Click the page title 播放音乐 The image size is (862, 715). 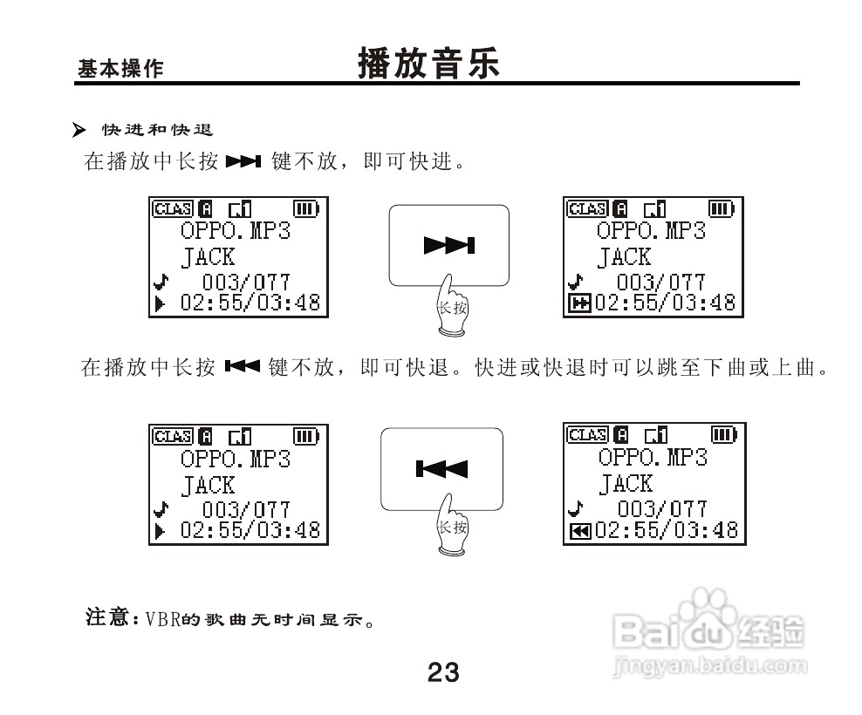429,65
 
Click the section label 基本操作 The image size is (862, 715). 120,70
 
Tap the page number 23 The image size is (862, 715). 443,672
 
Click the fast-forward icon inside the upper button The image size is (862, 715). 449,246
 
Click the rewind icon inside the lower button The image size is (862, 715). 441,471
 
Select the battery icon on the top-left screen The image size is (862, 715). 306,208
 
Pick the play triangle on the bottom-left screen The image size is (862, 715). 160,529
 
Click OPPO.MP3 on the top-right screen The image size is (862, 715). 651,231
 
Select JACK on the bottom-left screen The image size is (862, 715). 208,485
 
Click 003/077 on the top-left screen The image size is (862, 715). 247,282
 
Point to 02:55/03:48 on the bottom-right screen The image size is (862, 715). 666,529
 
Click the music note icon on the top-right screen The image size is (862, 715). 574,282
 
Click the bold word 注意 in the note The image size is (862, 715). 106,618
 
